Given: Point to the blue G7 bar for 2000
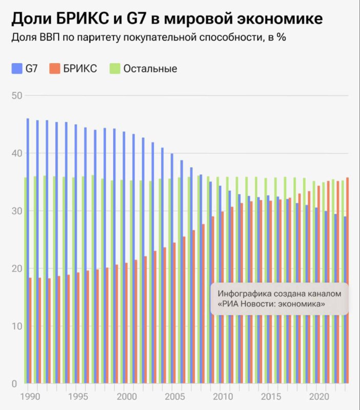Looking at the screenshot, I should pos(124,256).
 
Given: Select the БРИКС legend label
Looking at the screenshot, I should pos(80,68).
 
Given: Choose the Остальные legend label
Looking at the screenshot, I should pos(150,68).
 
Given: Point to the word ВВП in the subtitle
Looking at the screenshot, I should pos(46,38).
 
